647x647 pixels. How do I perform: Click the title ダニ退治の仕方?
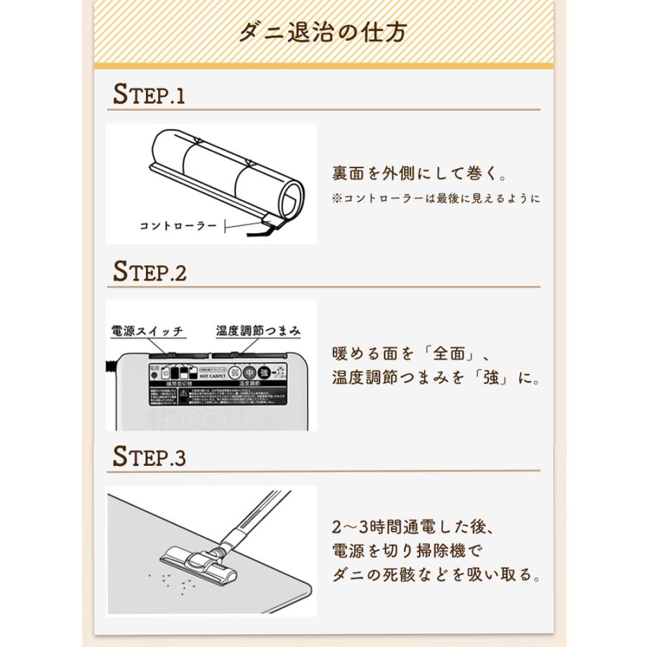coord(323,32)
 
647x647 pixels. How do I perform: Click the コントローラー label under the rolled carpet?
coord(178,225)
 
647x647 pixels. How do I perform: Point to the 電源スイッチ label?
coord(147,331)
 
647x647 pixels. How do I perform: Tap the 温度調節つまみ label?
coord(258,331)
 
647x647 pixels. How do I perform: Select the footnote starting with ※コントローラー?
coord(436,198)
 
